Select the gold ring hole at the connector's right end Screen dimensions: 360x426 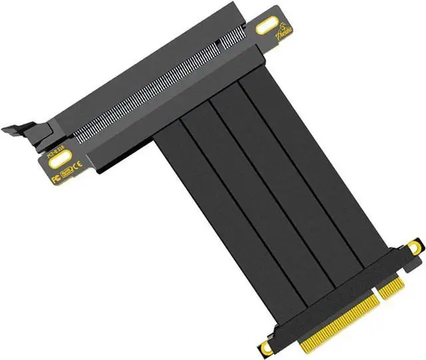[414, 248]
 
